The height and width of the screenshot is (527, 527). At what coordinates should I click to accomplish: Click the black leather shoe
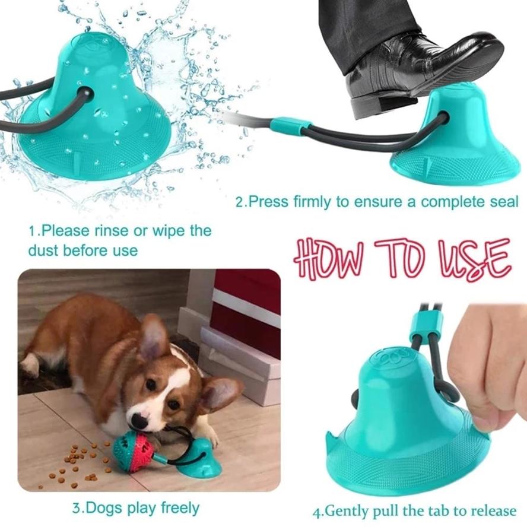415,65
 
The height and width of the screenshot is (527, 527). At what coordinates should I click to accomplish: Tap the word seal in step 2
503,202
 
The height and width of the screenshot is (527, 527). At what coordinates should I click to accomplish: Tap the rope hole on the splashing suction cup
85,95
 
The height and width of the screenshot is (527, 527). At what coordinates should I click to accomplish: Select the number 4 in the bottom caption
317,511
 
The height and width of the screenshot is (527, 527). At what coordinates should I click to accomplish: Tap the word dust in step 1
43,250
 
